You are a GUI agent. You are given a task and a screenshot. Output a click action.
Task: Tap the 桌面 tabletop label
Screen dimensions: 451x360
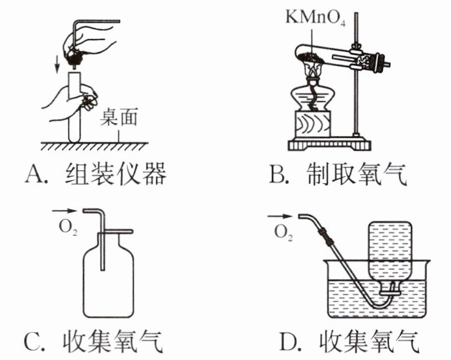(x=118, y=117)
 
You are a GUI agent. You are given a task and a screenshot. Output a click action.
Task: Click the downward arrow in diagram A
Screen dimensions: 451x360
(x=58, y=65)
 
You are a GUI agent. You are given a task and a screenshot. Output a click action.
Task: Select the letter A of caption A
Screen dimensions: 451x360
(x=34, y=174)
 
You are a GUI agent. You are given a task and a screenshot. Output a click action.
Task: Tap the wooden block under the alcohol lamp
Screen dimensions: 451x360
(x=313, y=124)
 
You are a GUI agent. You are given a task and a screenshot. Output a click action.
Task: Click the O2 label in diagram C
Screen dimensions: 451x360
(x=68, y=228)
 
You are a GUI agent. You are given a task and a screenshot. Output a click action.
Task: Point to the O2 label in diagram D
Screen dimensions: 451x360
(x=283, y=232)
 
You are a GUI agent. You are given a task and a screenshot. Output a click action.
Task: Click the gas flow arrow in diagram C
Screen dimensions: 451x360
(x=65, y=211)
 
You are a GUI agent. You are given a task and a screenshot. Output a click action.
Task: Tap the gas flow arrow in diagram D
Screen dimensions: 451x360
(x=280, y=216)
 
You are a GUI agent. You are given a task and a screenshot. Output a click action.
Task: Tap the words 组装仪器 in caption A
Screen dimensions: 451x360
(x=116, y=174)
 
